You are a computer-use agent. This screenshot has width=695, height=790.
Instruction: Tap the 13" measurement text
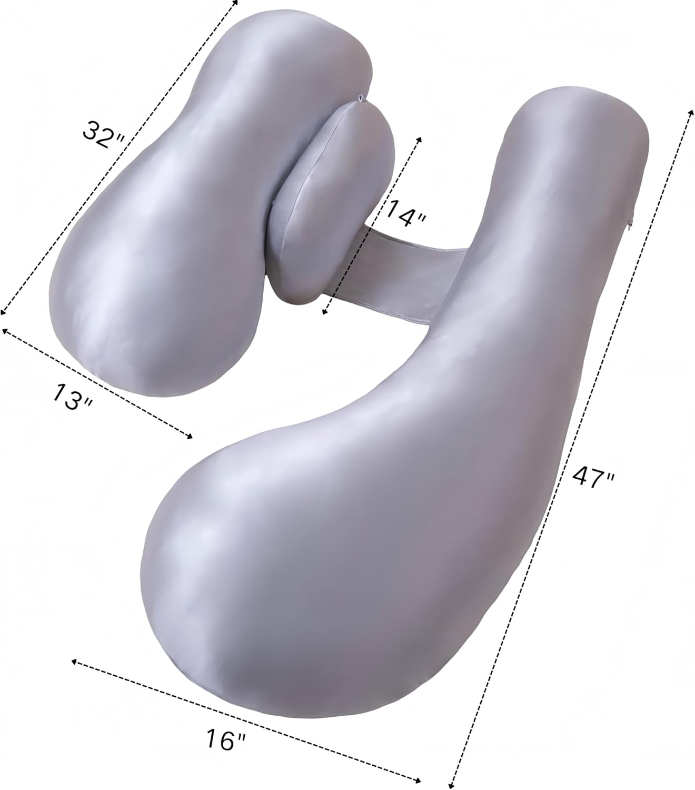point(73,396)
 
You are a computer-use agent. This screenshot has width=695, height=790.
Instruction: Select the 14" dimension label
point(405,213)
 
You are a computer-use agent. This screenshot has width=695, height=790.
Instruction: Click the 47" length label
point(592,475)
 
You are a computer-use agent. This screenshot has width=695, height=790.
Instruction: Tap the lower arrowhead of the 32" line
point(3,310)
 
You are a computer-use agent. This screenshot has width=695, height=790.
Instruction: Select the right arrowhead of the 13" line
point(190,437)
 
